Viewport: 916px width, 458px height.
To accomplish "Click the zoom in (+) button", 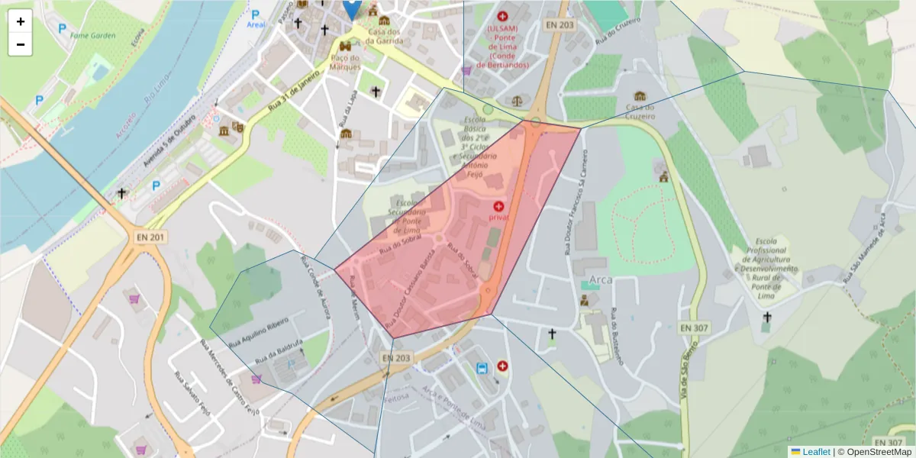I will coord(21,21).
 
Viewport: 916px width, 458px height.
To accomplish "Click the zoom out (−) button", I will coord(21,44).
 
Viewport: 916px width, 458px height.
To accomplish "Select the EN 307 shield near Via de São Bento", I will coord(694,327).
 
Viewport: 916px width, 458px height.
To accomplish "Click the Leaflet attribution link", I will coord(815,452).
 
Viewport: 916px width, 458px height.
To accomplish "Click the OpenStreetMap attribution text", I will coord(879,452).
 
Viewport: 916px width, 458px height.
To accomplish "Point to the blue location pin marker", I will coord(351,8).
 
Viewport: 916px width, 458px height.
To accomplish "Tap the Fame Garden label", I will coord(92,35).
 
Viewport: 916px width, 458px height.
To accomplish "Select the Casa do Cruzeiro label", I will coord(640,111).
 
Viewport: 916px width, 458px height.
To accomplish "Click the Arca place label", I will coord(602,281).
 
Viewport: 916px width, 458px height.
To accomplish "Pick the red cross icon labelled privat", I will coord(498,206).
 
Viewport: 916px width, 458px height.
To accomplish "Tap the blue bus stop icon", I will coord(482,369).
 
